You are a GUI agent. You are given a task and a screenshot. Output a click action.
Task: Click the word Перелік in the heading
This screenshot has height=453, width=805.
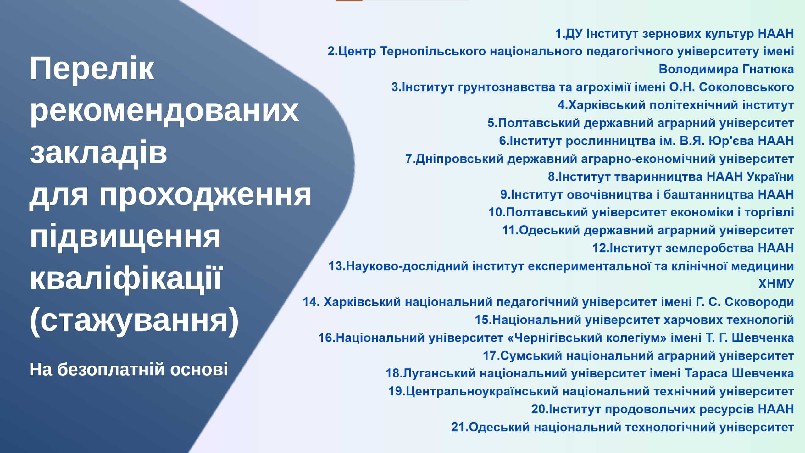(92, 68)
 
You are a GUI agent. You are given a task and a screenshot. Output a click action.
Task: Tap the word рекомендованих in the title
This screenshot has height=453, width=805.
(164, 110)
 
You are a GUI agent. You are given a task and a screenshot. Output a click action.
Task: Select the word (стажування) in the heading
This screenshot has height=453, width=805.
(134, 321)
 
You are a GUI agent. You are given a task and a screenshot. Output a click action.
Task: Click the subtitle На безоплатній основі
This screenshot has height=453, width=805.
(129, 369)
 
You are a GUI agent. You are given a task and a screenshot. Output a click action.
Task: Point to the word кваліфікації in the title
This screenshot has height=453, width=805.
(126, 278)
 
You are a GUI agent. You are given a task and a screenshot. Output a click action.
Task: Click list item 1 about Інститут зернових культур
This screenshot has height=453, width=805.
(675, 33)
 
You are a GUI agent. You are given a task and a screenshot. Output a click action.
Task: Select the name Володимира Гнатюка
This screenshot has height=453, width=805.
(726, 69)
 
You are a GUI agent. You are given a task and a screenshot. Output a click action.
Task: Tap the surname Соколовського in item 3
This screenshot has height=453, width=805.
(747, 87)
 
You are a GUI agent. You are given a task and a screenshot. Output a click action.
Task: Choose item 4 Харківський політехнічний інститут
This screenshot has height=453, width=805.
(676, 105)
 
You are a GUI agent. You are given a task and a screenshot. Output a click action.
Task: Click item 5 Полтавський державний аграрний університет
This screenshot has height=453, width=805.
(641, 123)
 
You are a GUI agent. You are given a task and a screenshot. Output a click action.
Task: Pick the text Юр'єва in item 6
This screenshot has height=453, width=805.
(731, 141)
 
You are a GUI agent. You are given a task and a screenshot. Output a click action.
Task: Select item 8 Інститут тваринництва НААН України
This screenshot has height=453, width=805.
(671, 176)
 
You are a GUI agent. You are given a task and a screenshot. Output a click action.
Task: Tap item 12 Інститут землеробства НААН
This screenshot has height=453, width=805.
(693, 248)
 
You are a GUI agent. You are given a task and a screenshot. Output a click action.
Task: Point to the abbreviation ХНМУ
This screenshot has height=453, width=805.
(776, 284)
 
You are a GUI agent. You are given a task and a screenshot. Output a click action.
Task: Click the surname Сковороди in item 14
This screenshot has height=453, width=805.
(759, 302)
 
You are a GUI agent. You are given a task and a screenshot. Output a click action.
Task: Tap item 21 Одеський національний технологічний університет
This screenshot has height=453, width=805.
(623, 427)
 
